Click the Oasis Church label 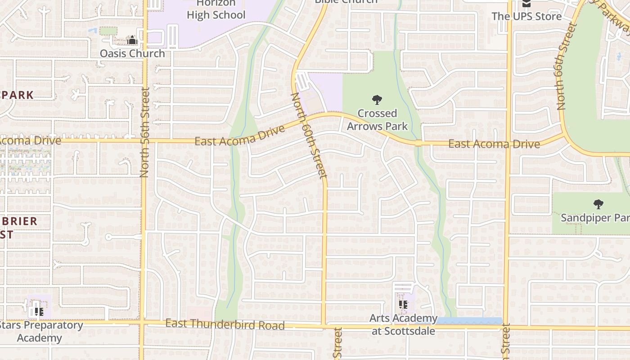coord(132,54)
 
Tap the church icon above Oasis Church coord(132,40)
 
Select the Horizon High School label coord(216,9)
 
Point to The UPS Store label coord(526,17)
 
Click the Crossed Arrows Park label coord(378,120)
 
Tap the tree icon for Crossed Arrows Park coord(377,100)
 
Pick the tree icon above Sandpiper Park coord(598,204)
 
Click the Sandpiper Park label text coord(594,218)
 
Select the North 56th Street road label coord(144,132)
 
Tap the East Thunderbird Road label coord(225,324)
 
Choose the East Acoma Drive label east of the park coord(494,144)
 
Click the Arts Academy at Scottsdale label coord(403,325)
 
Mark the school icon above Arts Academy coord(403,305)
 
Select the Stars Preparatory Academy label coord(40,331)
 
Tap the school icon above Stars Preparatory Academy coord(39,311)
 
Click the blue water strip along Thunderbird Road coord(469,321)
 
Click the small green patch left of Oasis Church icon coord(108,31)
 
